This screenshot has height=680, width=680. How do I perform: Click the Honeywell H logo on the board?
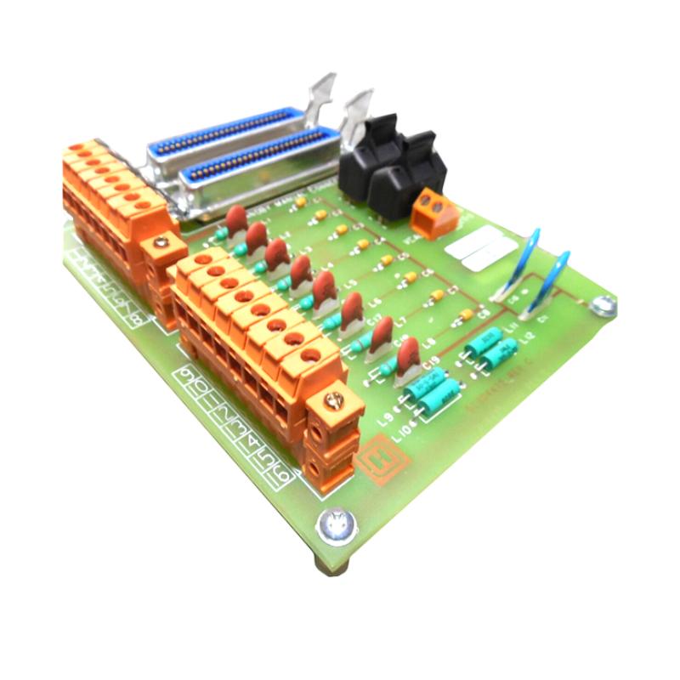click(373, 462)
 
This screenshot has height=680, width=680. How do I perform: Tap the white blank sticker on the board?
click(481, 248)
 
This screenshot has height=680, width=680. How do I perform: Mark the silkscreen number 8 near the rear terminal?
click(136, 320)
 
